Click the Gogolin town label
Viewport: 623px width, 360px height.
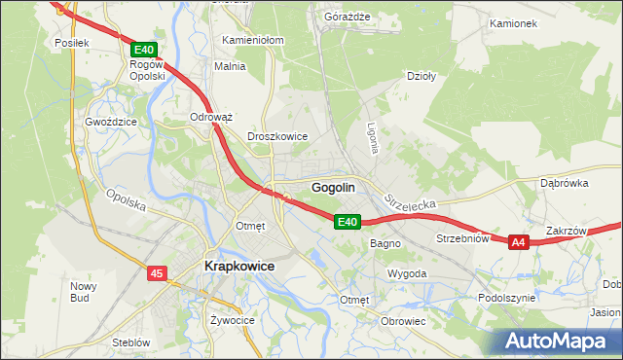[332, 187]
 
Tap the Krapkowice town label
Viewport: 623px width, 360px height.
[238, 266]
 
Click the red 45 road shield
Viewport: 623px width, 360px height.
[158, 274]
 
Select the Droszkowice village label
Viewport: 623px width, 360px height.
[278, 137]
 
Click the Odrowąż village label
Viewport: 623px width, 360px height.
[211, 117]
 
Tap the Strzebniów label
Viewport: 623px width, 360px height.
[460, 238]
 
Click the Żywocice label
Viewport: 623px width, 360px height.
[231, 319]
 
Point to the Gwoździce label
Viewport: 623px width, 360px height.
[110, 123]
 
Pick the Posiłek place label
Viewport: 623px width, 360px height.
[72, 43]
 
